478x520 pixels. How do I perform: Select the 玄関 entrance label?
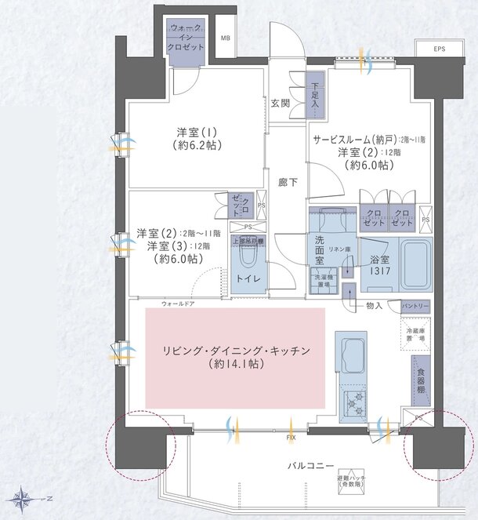coord(281,103)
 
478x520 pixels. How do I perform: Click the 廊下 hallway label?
coord(287,182)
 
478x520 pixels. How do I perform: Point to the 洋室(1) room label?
coord(196,138)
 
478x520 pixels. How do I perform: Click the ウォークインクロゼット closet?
coord(186,38)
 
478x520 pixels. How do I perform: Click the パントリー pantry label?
coord(415,305)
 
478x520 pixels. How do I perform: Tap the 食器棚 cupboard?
coord(422,380)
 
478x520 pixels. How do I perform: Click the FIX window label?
coord(291,435)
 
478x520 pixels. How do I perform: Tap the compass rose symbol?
coord(23,497)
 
